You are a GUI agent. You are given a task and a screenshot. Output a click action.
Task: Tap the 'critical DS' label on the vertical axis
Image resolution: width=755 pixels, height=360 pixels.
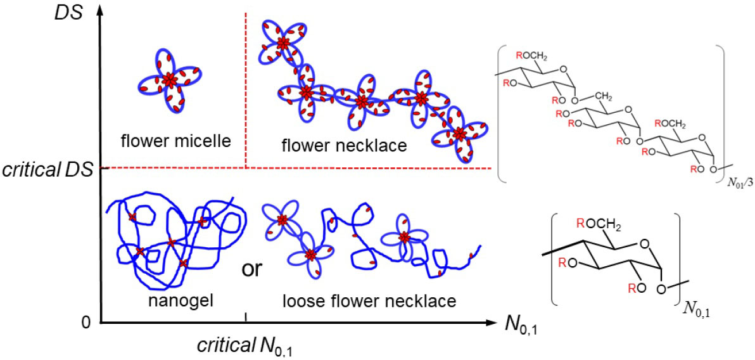[x=48, y=170]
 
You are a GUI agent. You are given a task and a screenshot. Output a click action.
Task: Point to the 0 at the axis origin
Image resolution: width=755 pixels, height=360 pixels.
[x=87, y=323]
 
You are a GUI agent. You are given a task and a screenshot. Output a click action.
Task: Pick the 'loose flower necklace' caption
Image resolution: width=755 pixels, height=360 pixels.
[x=369, y=301]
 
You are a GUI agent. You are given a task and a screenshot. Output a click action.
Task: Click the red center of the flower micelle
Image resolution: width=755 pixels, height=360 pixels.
[x=169, y=80]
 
